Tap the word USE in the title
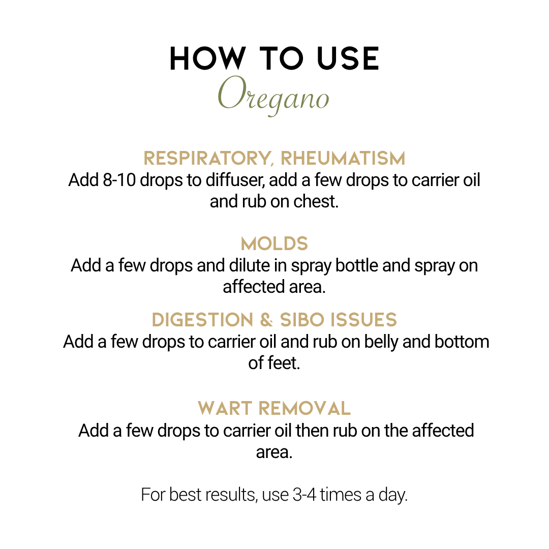pos(348,58)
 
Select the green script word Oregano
pos(273,95)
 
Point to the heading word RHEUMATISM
pos(343,158)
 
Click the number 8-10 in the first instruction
pos(119,180)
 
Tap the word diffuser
pos(234,180)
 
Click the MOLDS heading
pos(274,243)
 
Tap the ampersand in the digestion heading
pos(266,320)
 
